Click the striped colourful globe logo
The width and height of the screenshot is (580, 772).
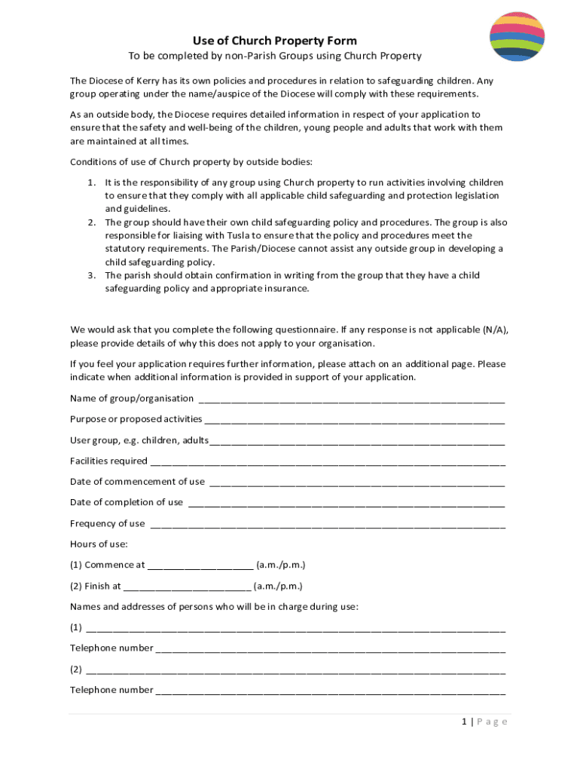517,37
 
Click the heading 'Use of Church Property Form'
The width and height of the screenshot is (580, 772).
274,41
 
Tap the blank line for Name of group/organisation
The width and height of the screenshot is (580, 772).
350,399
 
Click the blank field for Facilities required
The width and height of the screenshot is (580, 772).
327,461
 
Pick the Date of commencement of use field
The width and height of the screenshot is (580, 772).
356,482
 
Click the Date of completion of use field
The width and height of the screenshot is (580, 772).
346,503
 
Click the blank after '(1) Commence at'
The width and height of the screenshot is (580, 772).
200,565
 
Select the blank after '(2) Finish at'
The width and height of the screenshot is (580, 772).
187,587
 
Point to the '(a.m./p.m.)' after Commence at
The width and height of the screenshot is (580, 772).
281,565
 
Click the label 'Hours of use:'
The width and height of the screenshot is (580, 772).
99,544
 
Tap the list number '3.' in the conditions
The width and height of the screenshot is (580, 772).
91,275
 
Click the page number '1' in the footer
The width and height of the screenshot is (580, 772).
465,721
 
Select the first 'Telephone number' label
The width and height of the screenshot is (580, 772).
111,648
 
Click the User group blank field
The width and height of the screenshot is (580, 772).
357,440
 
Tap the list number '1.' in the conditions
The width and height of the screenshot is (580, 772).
91,182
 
